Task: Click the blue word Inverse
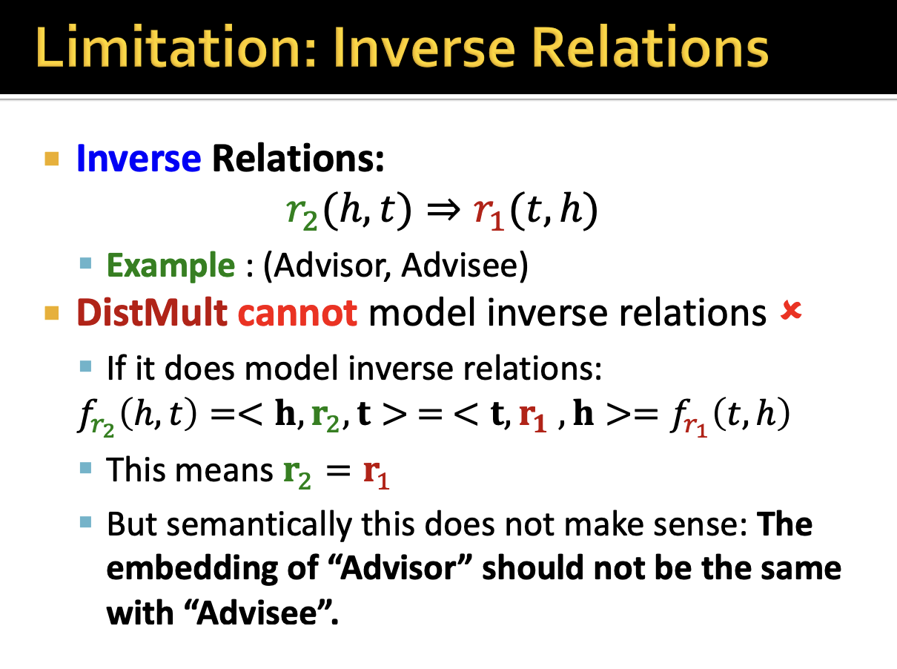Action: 139,158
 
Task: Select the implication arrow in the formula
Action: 443,210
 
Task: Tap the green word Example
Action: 171,266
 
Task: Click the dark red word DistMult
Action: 152,313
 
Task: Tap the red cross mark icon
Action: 791,311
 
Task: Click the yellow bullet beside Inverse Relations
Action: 52,159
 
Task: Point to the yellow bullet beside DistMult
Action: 52,314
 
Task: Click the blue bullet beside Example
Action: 86,263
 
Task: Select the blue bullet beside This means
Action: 86,467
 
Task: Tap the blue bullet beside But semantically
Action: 86,522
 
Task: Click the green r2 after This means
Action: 297,475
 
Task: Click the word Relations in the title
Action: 650,47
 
